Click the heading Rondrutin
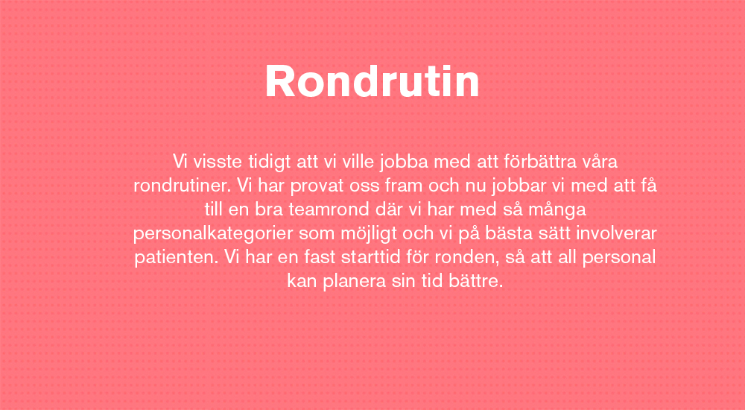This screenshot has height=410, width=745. [x=372, y=81]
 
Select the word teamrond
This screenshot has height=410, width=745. [x=329, y=209]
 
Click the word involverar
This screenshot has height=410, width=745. [x=616, y=233]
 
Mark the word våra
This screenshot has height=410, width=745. [x=600, y=162]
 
